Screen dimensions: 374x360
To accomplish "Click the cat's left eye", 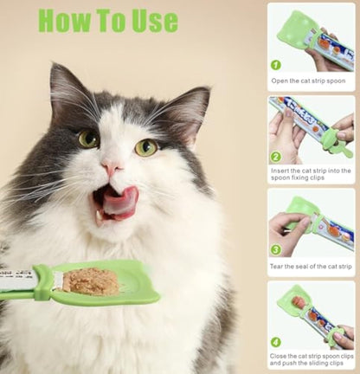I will (88, 139).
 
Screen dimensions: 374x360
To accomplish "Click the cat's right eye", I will (146, 146).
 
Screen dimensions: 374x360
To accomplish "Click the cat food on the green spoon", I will (92, 280).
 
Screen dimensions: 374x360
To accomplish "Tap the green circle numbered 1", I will (276, 64).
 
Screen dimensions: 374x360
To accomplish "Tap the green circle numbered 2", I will (276, 157).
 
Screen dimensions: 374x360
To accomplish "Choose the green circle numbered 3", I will (276, 248).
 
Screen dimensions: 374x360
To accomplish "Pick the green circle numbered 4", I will (276, 341).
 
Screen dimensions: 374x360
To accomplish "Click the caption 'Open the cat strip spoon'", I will (308, 81).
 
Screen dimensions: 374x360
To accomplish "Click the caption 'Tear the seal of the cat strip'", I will (312, 266).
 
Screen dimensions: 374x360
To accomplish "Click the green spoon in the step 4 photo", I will (294, 303).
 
